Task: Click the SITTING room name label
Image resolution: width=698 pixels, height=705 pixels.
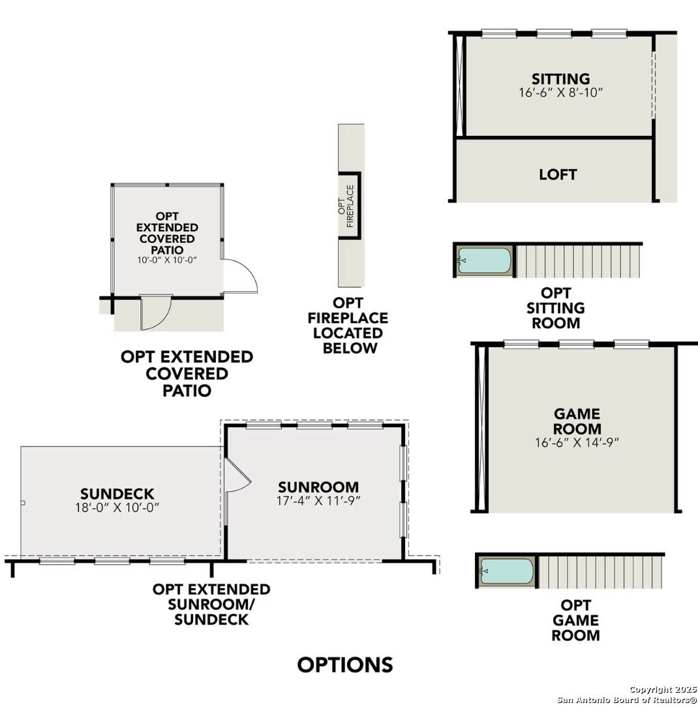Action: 560,79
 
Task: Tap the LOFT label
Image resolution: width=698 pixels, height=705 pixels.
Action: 558,174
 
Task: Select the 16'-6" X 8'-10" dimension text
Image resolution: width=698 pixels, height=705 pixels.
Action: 560,93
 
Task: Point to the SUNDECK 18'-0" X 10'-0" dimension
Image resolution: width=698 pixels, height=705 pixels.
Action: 117,507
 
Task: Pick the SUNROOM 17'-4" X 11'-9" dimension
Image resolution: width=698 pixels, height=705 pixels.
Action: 318,501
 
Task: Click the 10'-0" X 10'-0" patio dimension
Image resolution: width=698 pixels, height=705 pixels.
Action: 167,260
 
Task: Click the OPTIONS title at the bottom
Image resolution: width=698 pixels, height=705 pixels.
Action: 345,665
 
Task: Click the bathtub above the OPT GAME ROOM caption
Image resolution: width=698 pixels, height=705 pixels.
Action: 507,571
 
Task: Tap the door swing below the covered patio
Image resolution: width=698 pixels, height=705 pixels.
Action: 156,311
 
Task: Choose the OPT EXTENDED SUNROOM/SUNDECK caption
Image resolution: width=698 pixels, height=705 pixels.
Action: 211,604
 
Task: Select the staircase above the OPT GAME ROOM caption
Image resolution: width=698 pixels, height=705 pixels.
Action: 600,571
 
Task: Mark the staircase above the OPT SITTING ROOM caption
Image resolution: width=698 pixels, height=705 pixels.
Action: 577,260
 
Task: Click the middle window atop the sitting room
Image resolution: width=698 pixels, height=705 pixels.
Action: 554,33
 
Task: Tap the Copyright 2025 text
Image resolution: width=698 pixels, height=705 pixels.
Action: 662,689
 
